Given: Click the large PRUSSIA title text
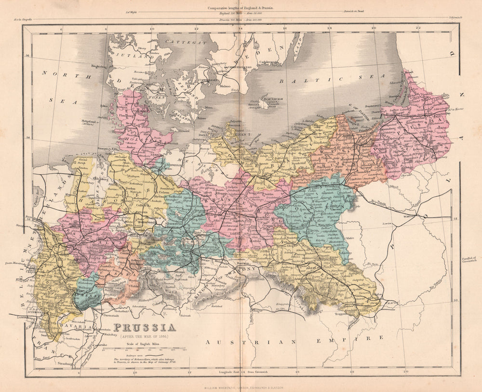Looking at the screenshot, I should tap(144, 328).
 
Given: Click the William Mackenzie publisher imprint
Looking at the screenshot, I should tap(241, 387).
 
